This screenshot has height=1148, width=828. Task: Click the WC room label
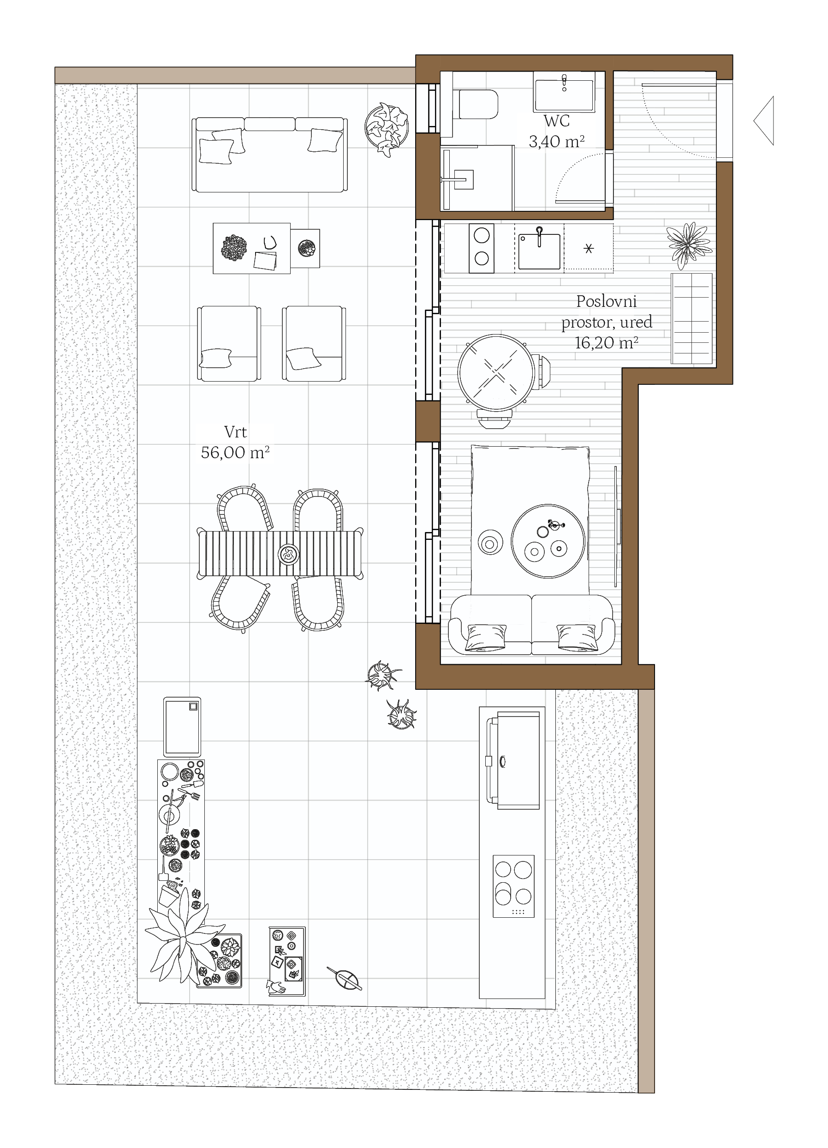(556, 121)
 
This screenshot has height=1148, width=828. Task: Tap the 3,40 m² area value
(557, 142)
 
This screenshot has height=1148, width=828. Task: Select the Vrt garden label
(235, 432)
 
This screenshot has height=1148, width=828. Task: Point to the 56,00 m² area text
(235, 452)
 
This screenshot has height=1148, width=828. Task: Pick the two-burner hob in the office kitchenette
(481, 248)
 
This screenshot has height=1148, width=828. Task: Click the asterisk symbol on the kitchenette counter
(588, 249)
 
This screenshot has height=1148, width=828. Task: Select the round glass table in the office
(496, 372)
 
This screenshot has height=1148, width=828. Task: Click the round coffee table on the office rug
(548, 541)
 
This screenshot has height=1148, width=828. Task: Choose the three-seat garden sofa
(270, 155)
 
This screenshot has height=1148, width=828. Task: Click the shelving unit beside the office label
(691, 318)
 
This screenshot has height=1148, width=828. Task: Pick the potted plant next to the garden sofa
(387, 129)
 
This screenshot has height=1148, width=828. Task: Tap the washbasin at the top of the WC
(564, 92)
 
